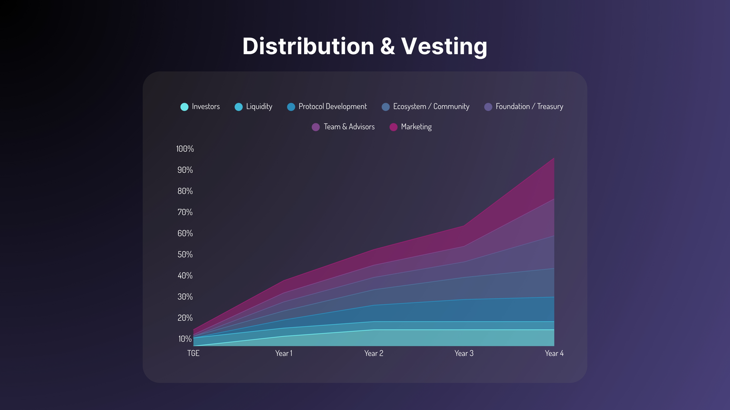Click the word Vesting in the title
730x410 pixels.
pyautogui.click(x=444, y=47)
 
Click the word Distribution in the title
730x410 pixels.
pyautogui.click(x=308, y=47)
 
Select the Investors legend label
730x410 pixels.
pyautogui.click(x=206, y=107)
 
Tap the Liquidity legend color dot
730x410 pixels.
pyautogui.click(x=239, y=107)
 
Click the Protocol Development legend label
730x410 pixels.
pyautogui.click(x=333, y=107)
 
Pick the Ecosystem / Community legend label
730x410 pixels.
pyautogui.click(x=431, y=107)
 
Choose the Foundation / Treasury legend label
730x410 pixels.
pyautogui.click(x=529, y=107)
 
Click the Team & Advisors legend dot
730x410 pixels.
pyautogui.click(x=316, y=127)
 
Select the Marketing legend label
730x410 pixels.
pyautogui.click(x=416, y=127)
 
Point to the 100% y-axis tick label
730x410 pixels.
pyautogui.click(x=185, y=149)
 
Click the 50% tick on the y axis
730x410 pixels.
pyautogui.click(x=185, y=255)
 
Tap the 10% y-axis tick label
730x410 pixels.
pyautogui.click(x=185, y=339)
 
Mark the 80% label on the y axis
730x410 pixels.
pyautogui.click(x=185, y=191)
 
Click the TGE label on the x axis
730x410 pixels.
pyautogui.click(x=193, y=354)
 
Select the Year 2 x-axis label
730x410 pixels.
pyautogui.click(x=374, y=354)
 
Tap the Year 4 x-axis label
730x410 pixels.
pyautogui.click(x=554, y=354)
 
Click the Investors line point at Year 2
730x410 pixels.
pyautogui.click(x=374, y=330)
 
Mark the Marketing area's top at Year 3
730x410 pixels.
pyautogui.click(x=464, y=226)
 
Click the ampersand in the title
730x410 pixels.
pyautogui.click(x=387, y=47)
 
